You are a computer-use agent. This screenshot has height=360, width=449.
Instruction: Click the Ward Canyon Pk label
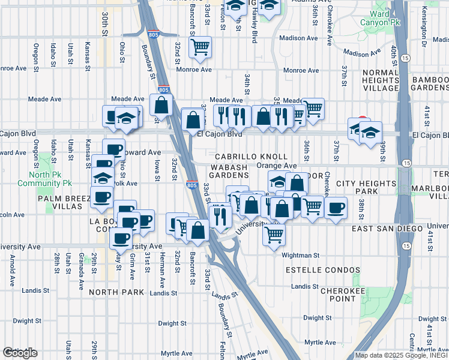[386, 17]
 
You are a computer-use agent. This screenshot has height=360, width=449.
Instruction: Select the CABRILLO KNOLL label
[237, 156]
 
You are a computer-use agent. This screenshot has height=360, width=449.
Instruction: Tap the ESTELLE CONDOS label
[323, 271]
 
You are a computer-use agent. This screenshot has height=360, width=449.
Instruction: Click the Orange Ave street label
[276, 166]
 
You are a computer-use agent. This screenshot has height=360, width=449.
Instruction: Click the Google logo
[20, 353]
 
